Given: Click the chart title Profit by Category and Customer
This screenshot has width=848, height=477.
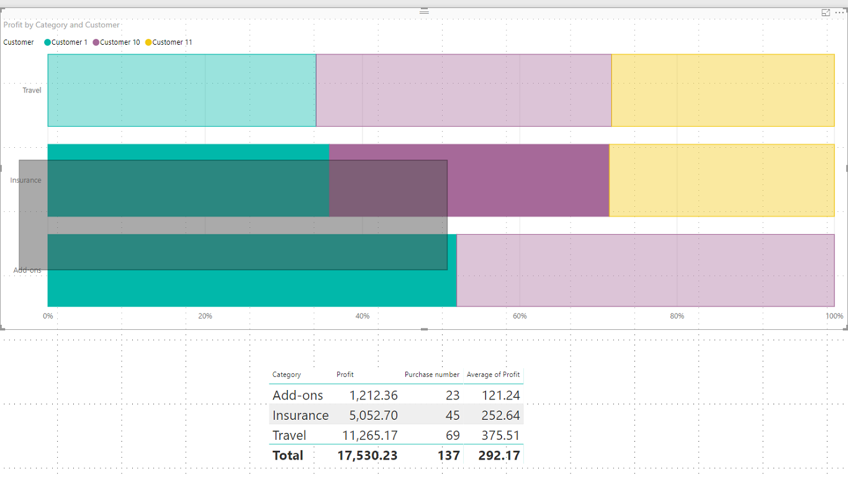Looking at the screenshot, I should pos(61,25).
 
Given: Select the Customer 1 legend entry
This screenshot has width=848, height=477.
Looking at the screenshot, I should pos(69,42).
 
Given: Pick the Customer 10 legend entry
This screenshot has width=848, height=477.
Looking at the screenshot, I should pos(119,42).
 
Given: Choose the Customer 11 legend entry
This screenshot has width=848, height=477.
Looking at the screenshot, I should pos(171,42).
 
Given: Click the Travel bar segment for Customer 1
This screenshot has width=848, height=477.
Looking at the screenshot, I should pos(181,90).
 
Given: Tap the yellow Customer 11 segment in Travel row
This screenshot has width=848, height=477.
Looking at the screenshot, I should pos(723,90).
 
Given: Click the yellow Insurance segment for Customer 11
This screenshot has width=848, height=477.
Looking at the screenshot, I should pos(721,180).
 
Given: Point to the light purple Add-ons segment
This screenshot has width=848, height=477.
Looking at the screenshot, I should pos(646,270).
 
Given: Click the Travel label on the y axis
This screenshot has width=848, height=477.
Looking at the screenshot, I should pos(32,91).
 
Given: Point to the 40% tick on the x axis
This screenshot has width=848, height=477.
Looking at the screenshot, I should pos(363,316).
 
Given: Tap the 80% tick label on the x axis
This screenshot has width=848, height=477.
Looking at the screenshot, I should pos(677,316).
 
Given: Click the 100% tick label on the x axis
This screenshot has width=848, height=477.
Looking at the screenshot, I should pos(834,316).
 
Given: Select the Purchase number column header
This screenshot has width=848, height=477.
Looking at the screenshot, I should pos(432,375).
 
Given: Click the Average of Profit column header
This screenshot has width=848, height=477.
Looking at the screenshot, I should pos(494,375).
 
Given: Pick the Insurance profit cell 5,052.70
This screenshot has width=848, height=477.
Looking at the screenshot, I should pos(373,416).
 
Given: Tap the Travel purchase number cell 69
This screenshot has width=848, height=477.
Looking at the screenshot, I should pos(453,435).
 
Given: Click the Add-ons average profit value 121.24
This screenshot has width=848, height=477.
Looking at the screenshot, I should pos(500,396).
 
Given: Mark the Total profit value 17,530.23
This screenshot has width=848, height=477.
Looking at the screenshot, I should pos(367,455).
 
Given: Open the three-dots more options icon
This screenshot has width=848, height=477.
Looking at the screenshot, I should pos(840,12).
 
